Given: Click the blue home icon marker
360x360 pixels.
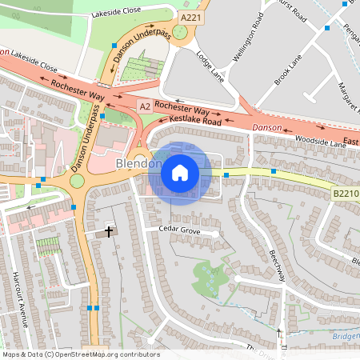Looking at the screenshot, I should tap(180, 173).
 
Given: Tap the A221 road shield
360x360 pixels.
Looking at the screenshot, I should tap(191, 17).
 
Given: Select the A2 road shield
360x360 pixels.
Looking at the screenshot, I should tap(145, 106).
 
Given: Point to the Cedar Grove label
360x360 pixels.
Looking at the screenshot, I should tap(178, 230).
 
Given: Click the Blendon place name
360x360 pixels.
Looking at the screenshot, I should tap(132, 164).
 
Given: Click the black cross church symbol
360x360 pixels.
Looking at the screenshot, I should tap(110, 232).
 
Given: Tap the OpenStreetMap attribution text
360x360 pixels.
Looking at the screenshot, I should tap(81, 354).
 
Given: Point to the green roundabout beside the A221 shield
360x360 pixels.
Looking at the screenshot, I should tap(179, 32).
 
